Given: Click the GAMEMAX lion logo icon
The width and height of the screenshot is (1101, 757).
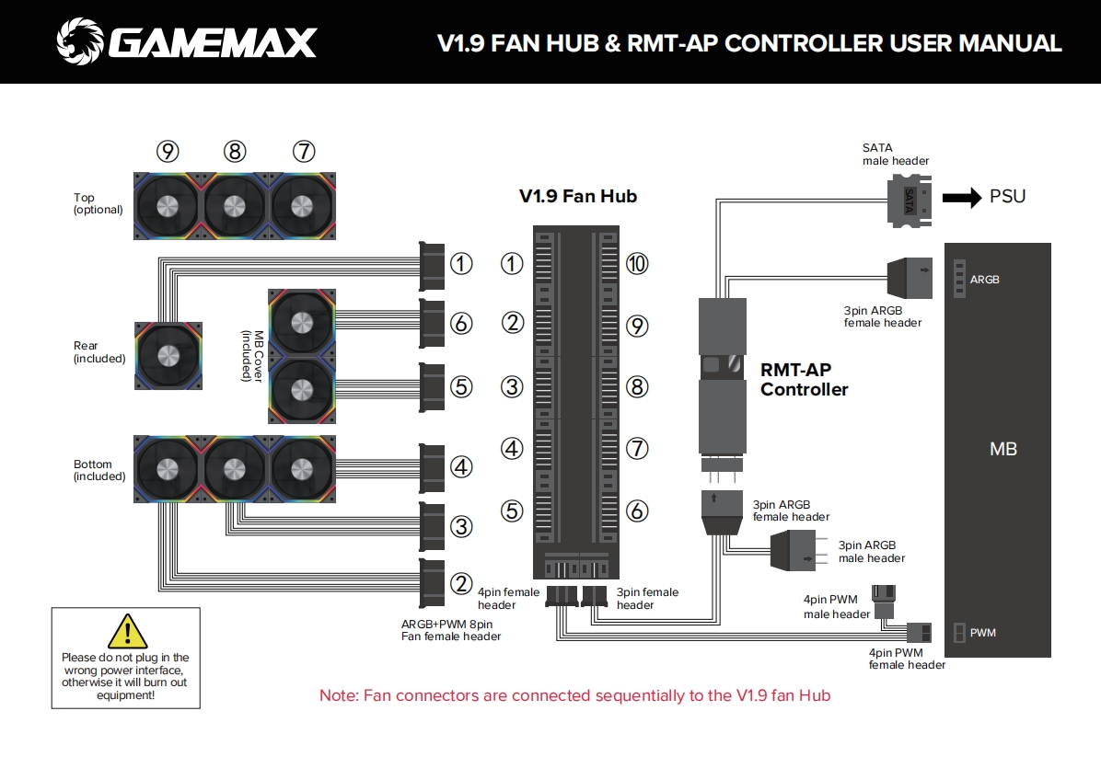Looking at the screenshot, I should [79, 41].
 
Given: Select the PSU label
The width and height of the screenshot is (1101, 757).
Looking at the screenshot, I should [1007, 197].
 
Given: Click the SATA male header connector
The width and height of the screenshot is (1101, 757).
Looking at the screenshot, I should [910, 200].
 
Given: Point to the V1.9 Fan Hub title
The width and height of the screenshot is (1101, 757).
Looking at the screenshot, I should [577, 196].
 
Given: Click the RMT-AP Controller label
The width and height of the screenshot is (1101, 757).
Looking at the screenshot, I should [804, 380].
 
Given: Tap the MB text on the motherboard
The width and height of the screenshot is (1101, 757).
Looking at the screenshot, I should [1002, 450].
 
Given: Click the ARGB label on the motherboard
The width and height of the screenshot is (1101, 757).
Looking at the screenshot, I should [984, 280].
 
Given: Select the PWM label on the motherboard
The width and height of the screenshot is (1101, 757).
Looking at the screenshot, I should [982, 633].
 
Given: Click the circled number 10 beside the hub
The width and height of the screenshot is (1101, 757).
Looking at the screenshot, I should [637, 264].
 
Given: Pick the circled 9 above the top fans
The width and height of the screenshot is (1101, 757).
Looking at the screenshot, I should [168, 152].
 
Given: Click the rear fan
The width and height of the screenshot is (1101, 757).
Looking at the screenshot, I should [168, 355].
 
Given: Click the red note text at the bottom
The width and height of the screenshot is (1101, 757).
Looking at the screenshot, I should [574, 695].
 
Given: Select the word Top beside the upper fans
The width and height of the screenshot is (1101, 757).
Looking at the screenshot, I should [84, 198].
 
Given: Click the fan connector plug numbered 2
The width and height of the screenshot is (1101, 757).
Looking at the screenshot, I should [433, 583].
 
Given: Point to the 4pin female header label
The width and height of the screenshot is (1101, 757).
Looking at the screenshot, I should [508, 599].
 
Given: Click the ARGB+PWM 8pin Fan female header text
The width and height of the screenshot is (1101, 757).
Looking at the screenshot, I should [451, 630].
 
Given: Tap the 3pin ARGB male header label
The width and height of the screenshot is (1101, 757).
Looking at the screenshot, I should [871, 552].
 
